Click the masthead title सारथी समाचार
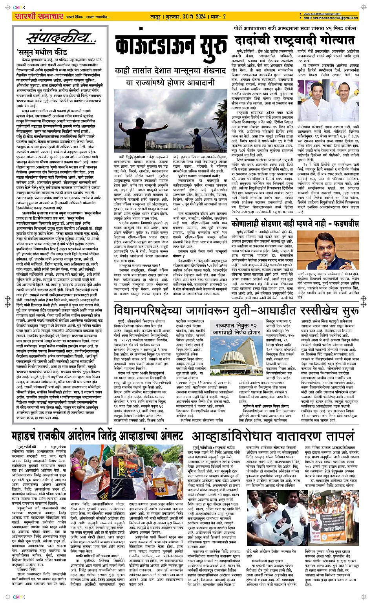point(38,16)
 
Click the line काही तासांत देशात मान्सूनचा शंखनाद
point(170,71)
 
